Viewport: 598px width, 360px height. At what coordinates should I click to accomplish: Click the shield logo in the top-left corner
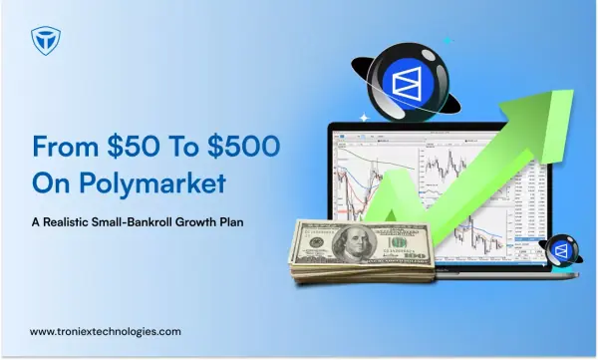point(46,41)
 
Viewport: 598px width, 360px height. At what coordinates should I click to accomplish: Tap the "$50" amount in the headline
point(133,146)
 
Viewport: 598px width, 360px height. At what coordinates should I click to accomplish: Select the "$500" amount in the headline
point(244,146)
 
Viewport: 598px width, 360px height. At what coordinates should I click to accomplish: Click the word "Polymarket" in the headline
point(152,183)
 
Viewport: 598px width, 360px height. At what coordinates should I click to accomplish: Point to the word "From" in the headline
point(66,146)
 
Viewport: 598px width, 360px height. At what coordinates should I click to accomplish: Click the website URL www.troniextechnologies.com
point(106,331)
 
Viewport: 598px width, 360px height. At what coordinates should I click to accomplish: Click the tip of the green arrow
point(573,91)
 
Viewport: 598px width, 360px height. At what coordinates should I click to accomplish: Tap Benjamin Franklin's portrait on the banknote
point(354,242)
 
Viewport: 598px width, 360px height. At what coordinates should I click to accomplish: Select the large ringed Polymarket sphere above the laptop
point(407,82)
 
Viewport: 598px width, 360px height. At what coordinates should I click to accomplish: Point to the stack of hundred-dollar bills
point(363,252)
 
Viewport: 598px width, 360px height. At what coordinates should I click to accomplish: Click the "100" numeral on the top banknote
point(399,242)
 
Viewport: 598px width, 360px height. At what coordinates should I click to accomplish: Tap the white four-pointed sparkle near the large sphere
point(365,118)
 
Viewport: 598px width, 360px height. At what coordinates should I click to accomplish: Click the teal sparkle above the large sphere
point(448,41)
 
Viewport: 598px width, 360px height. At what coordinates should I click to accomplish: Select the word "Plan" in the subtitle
point(231,221)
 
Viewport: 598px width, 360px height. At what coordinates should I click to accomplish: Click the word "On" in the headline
point(53,183)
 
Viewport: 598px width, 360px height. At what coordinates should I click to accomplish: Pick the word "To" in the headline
point(183,146)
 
